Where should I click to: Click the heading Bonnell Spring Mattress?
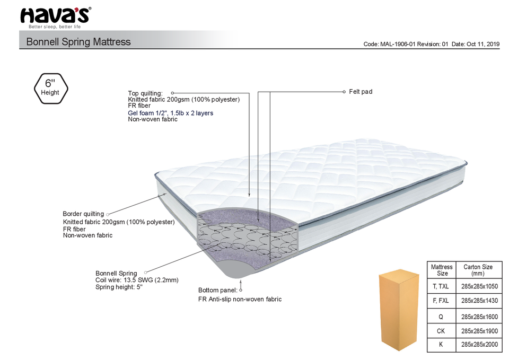tap(78, 42)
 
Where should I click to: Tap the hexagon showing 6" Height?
tap(50, 87)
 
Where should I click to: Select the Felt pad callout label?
tap(361, 92)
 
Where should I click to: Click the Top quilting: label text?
tap(145, 93)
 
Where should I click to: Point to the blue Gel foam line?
tap(170, 113)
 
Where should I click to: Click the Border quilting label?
tap(83, 214)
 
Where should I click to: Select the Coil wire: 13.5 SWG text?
tap(137, 280)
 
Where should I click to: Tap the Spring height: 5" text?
tap(119, 287)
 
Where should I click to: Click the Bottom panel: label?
tap(217, 291)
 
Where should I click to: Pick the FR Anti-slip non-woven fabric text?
tap(240, 299)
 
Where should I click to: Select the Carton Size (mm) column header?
tap(478, 270)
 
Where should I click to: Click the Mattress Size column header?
tap(442, 270)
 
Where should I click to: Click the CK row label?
tap(442, 331)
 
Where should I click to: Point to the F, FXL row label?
tap(442, 301)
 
